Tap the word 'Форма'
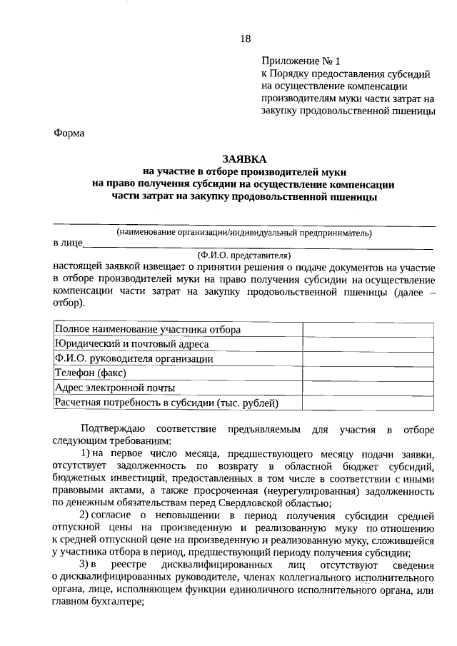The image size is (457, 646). click(69, 133)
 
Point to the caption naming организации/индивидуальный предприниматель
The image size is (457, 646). click(244, 232)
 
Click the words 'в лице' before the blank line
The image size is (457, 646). click(68, 243)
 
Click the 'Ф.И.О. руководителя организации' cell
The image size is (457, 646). click(134, 358)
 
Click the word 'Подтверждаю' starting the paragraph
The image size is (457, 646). click(114, 430)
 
